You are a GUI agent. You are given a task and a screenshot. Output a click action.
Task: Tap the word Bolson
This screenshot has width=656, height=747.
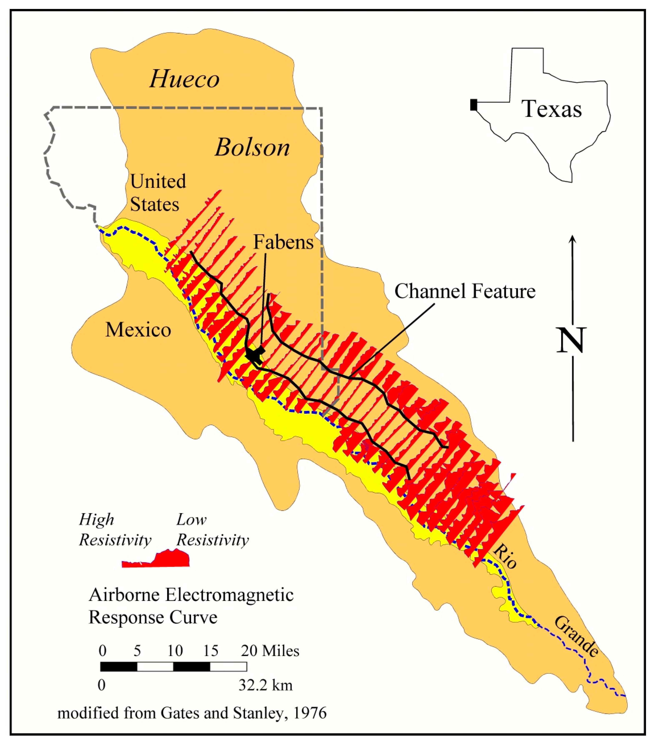pos(252,148)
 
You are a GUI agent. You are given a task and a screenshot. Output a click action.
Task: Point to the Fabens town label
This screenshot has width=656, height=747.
pos(283,242)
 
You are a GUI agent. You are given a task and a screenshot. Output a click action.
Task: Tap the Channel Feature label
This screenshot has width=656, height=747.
pos(465,291)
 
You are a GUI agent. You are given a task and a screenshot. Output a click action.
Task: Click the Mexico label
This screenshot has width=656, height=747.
pos(138,330)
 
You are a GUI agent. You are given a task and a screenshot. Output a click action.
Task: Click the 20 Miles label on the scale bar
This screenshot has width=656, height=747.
pos(270,651)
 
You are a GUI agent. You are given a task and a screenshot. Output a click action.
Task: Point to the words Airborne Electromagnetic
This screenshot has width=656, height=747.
pos(191,595)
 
